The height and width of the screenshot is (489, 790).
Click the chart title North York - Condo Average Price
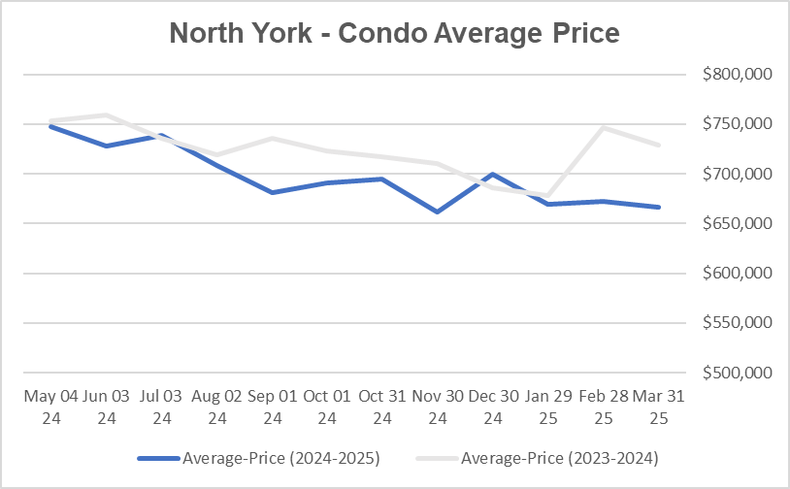pos(394,33)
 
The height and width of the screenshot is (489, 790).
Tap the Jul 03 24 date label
pos(161,407)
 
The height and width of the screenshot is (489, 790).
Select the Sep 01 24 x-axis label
pos(273,407)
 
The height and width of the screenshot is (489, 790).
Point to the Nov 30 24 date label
pos(438,407)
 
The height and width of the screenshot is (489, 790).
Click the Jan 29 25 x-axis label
pos(548,407)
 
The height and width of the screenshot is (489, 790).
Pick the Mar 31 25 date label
pos(659,407)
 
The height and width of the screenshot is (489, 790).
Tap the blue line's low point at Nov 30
pos(438,212)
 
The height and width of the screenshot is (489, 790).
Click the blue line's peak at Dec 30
pos(493,175)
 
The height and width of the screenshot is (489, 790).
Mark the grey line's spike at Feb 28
pos(604,127)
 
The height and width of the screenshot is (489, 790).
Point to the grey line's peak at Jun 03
pos(106,114)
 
